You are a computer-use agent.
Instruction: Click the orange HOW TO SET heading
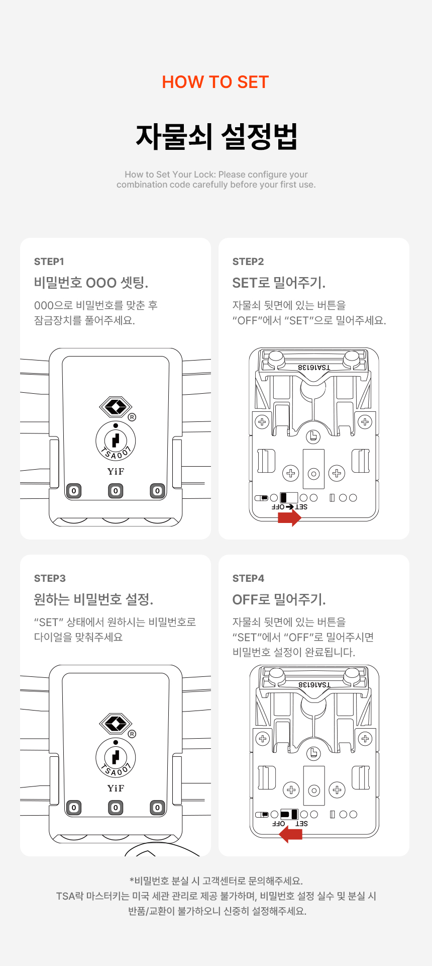click(x=215, y=82)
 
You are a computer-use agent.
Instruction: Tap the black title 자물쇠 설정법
click(x=217, y=136)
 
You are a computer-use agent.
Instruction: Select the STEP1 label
click(x=49, y=261)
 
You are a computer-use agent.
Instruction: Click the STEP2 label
click(x=248, y=261)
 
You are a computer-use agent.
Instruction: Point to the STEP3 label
click(x=50, y=578)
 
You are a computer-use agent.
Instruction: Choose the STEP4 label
click(x=248, y=578)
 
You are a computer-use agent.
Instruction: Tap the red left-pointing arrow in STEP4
click(x=291, y=835)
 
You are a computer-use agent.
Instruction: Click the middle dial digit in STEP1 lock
click(x=116, y=491)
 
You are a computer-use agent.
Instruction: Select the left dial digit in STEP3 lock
click(x=74, y=808)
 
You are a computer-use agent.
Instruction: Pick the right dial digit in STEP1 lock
click(x=157, y=491)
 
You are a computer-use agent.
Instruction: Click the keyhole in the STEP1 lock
click(x=116, y=441)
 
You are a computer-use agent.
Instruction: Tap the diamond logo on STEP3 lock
click(x=116, y=724)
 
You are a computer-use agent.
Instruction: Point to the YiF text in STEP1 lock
click(x=116, y=471)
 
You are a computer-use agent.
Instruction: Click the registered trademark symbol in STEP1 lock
click(x=132, y=417)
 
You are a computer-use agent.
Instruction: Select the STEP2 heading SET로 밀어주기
click(x=279, y=283)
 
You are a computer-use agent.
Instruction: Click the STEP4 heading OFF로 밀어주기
click(x=279, y=599)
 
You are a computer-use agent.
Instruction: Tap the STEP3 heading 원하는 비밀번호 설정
click(x=93, y=599)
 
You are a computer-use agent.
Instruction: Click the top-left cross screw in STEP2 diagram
click(x=262, y=422)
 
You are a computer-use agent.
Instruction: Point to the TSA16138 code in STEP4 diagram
click(x=315, y=684)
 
